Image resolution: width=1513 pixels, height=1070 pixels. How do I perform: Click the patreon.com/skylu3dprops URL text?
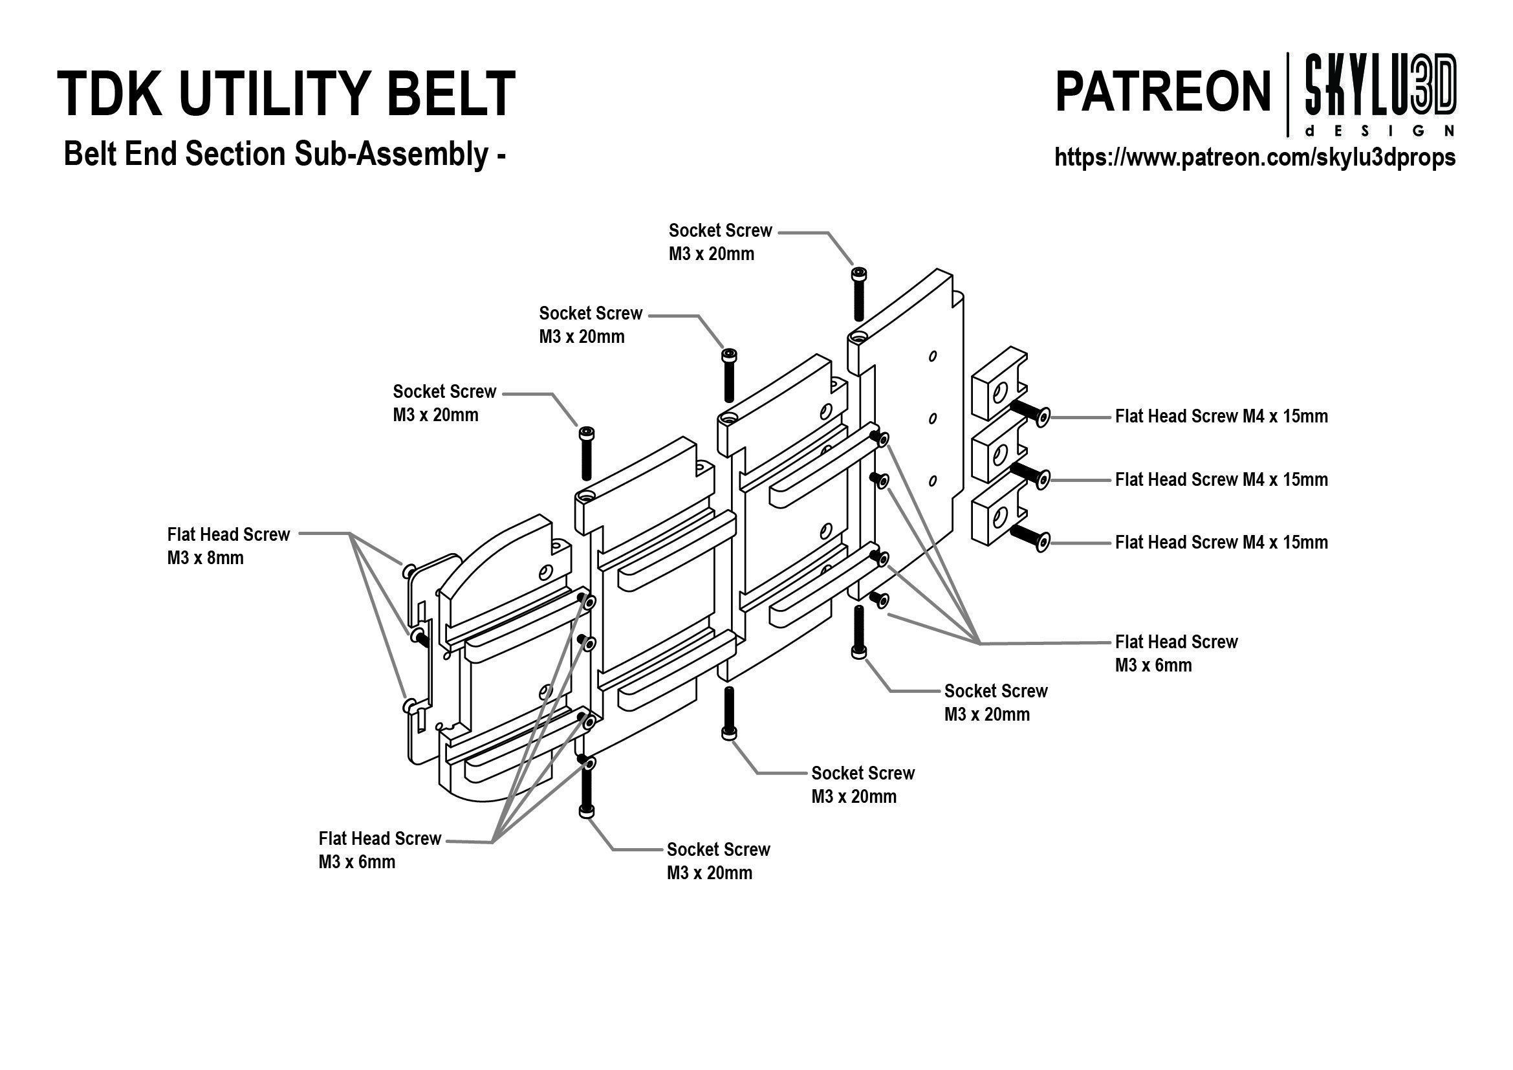pos(1255,157)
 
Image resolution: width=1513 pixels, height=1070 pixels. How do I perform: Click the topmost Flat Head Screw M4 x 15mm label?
pos(1221,417)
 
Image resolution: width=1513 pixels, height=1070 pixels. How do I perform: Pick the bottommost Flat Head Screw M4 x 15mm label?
pos(1221,542)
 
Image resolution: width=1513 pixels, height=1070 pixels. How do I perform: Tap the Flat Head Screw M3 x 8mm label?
pos(228,545)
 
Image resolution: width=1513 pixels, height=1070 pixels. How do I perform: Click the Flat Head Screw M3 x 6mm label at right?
pos(1175,653)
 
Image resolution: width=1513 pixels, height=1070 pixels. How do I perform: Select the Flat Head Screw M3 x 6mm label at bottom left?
pos(380,850)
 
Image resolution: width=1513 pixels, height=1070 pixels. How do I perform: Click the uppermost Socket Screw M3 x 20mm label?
pos(719,242)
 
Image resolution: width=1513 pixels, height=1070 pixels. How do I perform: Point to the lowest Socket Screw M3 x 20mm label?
pos(717,860)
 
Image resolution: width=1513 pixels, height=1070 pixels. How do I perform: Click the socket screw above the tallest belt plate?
pos(858,293)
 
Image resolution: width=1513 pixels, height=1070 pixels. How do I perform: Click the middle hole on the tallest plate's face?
pos(933,419)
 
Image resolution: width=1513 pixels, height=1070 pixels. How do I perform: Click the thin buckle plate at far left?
pos(422,659)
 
